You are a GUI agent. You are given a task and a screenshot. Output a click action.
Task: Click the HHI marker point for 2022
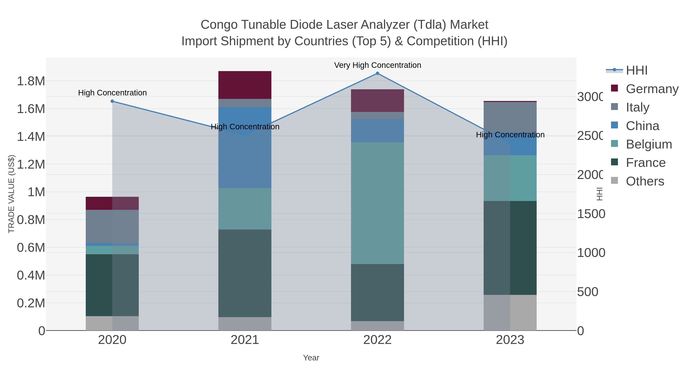click(377, 73)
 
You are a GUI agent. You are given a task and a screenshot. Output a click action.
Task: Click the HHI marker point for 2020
click(112, 101)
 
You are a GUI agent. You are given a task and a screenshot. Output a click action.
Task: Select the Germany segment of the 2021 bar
click(245, 85)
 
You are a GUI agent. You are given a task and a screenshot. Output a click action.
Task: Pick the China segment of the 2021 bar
click(245, 148)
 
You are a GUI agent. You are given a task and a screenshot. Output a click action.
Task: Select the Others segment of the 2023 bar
click(510, 313)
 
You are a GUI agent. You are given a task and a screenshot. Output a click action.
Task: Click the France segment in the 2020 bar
click(112, 285)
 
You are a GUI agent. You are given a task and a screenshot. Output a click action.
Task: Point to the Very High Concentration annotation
click(377, 65)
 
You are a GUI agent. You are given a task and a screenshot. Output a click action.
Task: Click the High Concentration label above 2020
click(112, 93)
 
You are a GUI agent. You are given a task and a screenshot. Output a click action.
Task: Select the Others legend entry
click(645, 181)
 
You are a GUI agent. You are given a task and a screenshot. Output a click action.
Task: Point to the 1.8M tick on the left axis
click(31, 81)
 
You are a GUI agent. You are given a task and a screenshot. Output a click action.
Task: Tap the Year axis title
click(311, 358)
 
